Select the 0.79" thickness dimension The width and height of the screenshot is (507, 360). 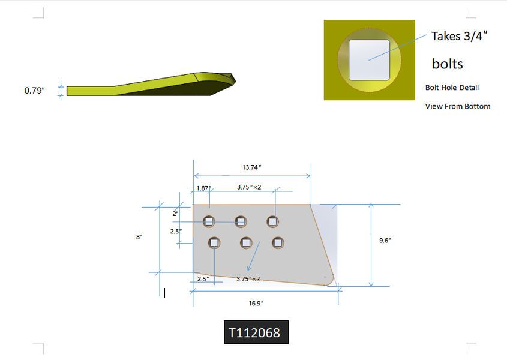click(x=35, y=91)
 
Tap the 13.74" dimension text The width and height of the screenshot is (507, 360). click(x=251, y=167)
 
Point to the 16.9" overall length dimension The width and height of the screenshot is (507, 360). click(x=256, y=303)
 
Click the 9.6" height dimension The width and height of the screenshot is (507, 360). click(x=385, y=241)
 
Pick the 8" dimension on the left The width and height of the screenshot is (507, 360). click(x=139, y=237)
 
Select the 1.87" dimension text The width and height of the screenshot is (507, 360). click(x=204, y=188)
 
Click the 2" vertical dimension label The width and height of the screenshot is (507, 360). click(x=175, y=214)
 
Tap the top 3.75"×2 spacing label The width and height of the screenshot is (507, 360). click(x=249, y=187)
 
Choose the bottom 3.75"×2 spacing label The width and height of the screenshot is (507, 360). click(x=248, y=279)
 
